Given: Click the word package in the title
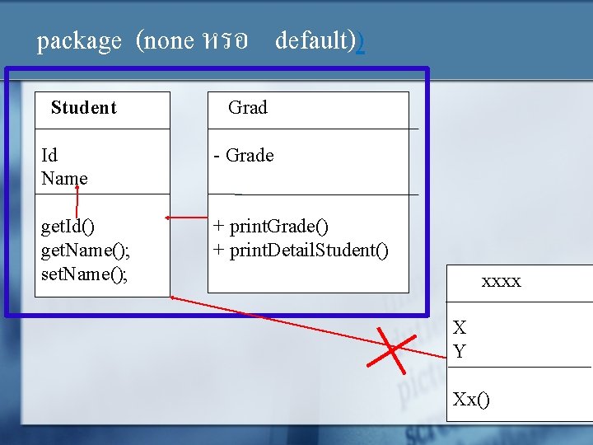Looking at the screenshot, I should click(79, 41).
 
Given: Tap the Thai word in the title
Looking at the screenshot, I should click(223, 41).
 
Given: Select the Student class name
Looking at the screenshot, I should click(83, 108).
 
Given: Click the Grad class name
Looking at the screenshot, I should click(247, 107).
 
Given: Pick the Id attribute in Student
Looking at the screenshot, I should click(49, 155).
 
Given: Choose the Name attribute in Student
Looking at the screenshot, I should click(64, 178).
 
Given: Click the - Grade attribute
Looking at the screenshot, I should click(243, 155).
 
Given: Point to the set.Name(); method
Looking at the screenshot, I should click(84, 273).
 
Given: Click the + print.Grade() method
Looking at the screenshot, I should click(270, 226).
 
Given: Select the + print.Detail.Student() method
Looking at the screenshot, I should click(301, 250).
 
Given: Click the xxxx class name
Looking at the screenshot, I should click(501, 282).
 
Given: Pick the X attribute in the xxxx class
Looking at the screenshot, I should click(460, 328).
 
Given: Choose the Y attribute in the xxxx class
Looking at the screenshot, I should click(460, 351).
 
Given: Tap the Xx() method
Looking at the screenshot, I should click(470, 400).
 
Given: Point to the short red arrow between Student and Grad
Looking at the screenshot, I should click(184, 218).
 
